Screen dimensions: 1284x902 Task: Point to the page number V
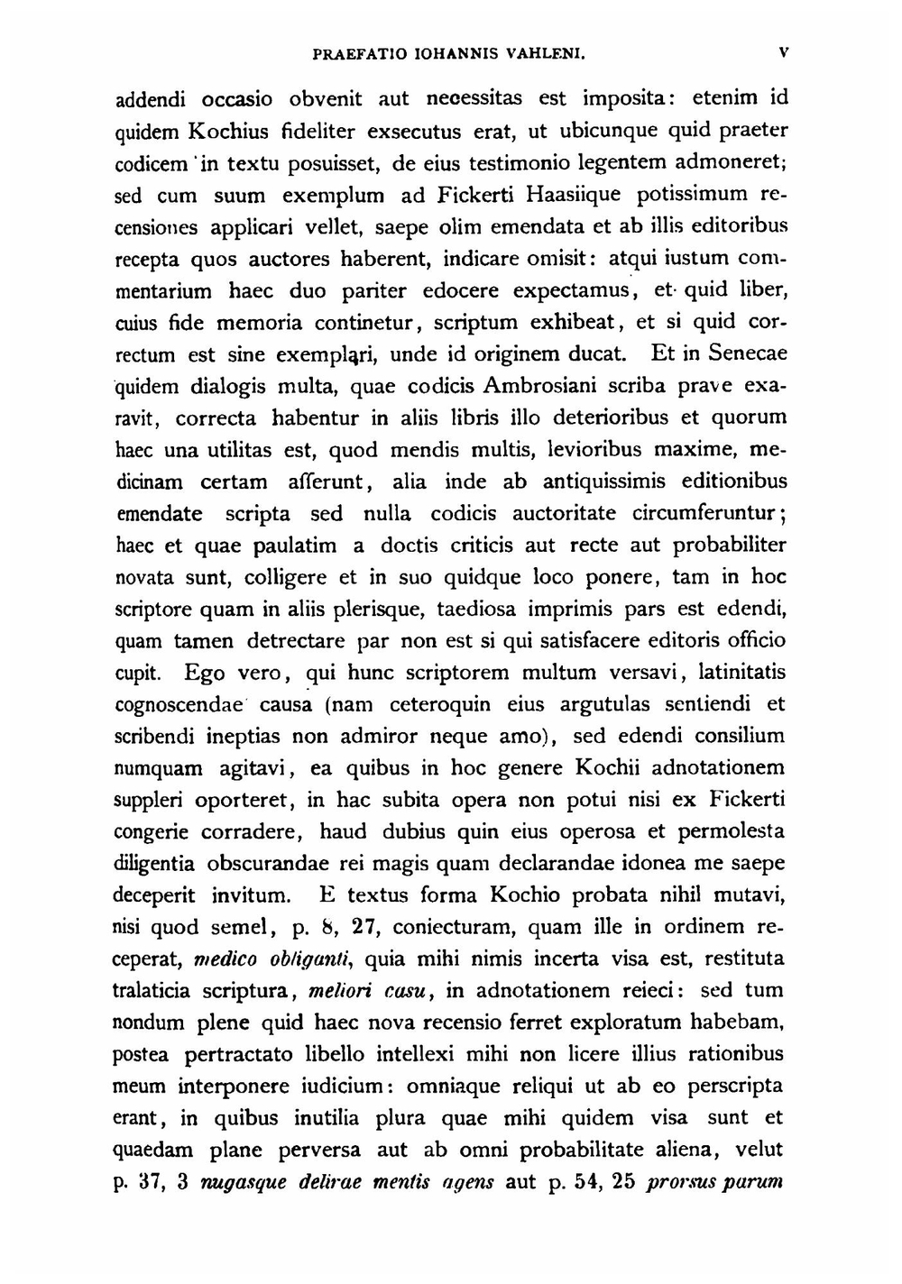coord(785,52)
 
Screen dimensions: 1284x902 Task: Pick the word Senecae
coord(747,353)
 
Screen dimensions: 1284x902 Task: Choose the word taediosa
coord(476,609)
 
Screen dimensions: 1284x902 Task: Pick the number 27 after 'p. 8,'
coord(363,928)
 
